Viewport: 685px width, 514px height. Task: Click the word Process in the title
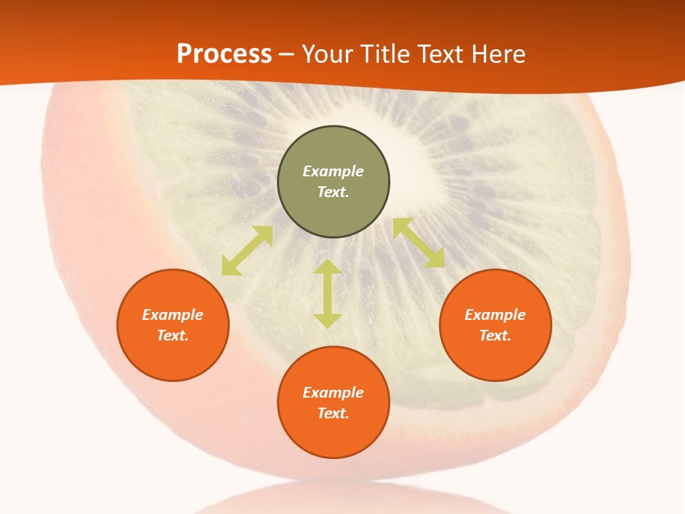point(224,54)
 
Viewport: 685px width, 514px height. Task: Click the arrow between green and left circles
point(247,251)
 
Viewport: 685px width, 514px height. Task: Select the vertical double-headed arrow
point(328,293)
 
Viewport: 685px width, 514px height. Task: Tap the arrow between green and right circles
point(418,243)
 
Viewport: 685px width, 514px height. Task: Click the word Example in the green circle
point(333,171)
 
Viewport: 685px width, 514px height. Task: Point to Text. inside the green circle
point(333,192)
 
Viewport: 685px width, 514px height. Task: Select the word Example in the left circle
point(173,315)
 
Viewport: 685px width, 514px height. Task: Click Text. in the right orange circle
point(495,336)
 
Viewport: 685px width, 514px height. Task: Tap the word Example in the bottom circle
point(333,393)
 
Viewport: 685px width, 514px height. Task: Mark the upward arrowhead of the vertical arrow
point(328,267)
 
